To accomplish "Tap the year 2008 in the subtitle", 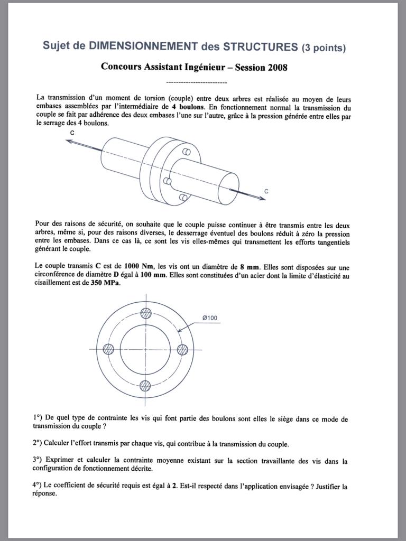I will tap(278, 68).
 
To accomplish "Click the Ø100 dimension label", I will tap(209, 318).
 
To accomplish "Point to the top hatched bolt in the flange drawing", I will tap(145, 313).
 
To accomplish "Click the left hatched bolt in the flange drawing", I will tap(108, 349).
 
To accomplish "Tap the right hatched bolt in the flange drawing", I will tap(182, 349).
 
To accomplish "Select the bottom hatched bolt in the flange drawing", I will tap(145, 385).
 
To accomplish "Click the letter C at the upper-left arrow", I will tap(72, 133).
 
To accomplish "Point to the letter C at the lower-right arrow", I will tap(266, 191).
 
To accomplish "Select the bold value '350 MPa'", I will tap(106, 283).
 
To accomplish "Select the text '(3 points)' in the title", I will tap(324, 48).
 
